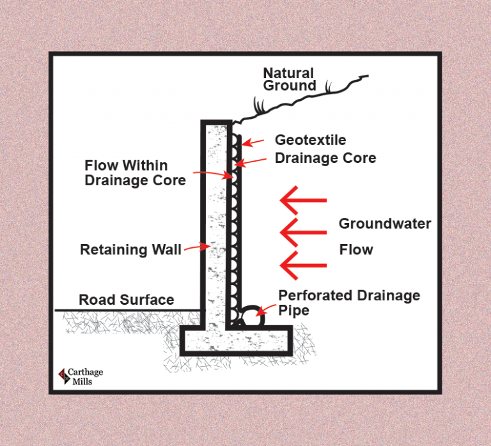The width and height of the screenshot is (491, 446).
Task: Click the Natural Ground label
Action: (289, 79)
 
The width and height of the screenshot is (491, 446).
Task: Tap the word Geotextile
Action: (310, 139)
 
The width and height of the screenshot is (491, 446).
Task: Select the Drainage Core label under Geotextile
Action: (325, 157)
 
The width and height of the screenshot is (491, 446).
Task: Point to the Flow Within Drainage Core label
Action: (135, 173)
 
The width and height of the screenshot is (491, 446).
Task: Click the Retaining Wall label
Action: (130, 249)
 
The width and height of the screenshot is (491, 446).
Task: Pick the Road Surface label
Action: (126, 300)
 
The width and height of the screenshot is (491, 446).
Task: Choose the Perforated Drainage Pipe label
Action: (349, 303)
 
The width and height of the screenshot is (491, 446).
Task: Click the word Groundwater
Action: (385, 224)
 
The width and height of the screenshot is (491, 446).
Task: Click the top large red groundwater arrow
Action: (303, 201)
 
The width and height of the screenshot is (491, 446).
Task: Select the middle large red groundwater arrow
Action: (303, 233)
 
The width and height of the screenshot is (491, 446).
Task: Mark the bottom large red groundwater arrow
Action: (303, 264)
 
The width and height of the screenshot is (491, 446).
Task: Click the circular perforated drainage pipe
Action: (252, 316)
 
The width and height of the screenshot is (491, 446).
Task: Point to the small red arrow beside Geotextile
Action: (254, 142)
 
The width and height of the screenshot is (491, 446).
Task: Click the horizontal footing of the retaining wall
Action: (237, 340)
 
